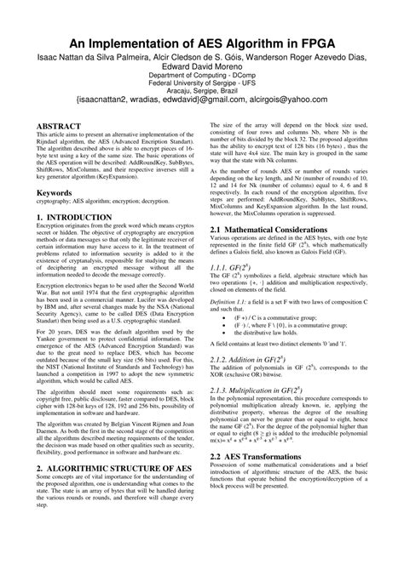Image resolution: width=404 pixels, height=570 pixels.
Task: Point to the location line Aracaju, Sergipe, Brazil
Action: pos(202,94)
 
